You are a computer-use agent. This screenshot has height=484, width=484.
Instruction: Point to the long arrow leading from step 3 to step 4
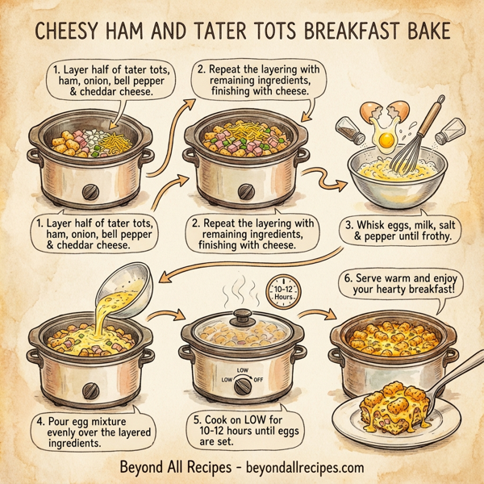point(242,261)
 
